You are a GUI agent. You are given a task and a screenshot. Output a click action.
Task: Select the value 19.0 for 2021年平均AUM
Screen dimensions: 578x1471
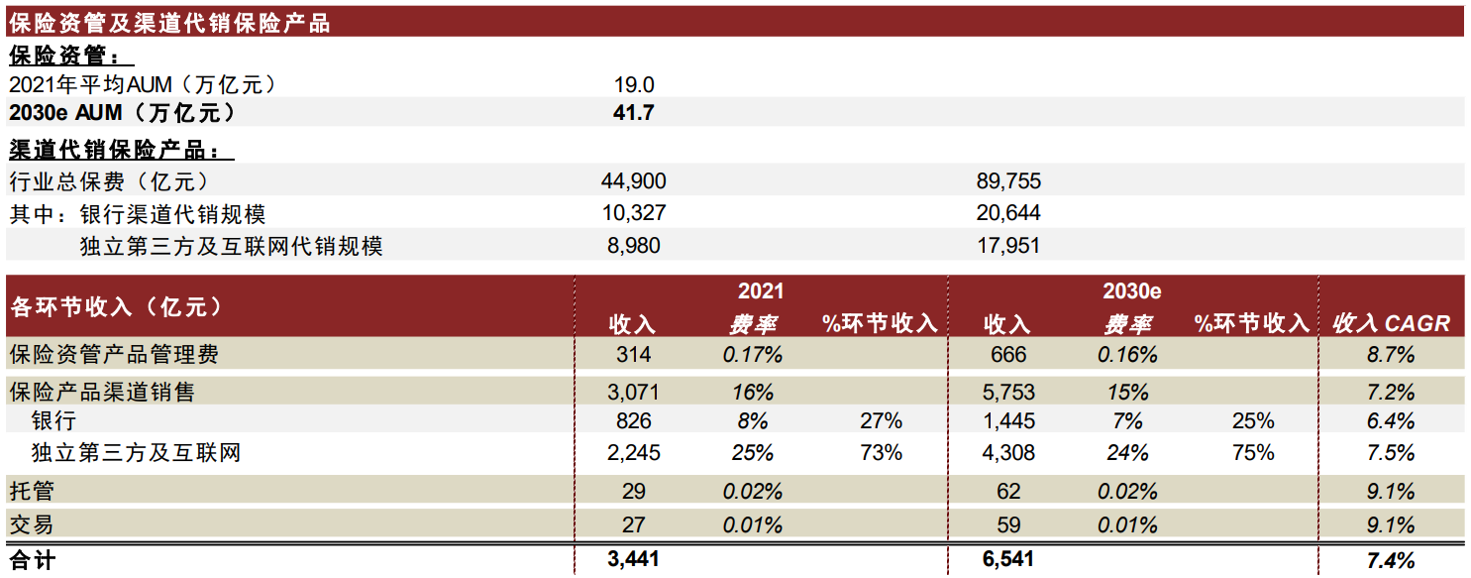[634, 85]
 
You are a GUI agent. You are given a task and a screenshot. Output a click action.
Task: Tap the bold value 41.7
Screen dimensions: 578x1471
[634, 113]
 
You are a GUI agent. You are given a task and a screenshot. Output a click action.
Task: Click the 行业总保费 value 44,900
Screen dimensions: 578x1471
[634, 181]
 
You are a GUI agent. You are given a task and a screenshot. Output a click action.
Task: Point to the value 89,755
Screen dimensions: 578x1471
[1008, 181]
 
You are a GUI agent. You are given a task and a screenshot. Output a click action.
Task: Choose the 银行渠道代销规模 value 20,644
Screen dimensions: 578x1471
[1008, 213]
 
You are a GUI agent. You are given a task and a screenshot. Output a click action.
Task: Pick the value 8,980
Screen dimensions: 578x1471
[634, 245]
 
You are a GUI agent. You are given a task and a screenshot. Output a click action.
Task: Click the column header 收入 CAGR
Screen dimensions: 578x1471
[1391, 323]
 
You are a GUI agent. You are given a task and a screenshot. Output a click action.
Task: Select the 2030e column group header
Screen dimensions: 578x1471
[1131, 291]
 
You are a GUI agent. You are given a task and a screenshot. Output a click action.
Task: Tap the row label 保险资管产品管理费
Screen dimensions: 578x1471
[114, 354]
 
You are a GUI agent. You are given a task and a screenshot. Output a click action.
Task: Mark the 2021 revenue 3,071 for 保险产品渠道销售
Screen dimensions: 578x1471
[634, 392]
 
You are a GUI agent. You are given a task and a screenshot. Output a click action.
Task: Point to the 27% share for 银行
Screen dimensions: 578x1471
[882, 421]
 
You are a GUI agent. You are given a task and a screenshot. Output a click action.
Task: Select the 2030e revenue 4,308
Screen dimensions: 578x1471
[1008, 453]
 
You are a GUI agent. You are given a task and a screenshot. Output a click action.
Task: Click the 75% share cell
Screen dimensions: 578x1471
[1254, 453]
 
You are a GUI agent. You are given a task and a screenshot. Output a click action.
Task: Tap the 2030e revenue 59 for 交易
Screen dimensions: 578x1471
[1008, 524]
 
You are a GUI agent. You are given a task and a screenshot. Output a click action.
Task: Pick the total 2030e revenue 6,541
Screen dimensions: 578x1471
[1008, 559]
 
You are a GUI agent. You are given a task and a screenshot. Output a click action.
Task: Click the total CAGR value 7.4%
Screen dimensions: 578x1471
[1391, 560]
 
